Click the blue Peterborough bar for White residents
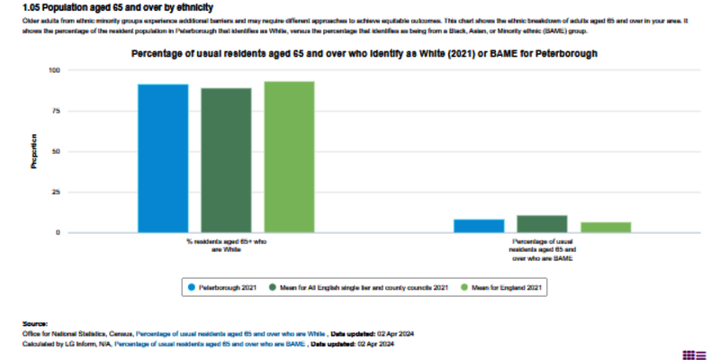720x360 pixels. coord(163,158)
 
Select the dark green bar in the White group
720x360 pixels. coord(226,160)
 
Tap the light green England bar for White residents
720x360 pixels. coord(289,157)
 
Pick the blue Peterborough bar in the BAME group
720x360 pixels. coord(479,226)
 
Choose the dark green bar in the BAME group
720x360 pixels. coord(542,224)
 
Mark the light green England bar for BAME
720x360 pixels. coord(606,227)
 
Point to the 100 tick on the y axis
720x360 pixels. coord(53,70)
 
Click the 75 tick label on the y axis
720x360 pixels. coord(55,111)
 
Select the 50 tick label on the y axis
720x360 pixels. coord(55,151)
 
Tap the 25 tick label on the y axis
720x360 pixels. coord(55,192)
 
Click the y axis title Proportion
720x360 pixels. coord(35,151)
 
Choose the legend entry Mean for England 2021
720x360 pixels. coord(504,287)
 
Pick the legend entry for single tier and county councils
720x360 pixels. coord(364,287)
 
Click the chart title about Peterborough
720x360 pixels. coord(364,54)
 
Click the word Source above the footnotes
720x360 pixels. coord(36,321)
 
